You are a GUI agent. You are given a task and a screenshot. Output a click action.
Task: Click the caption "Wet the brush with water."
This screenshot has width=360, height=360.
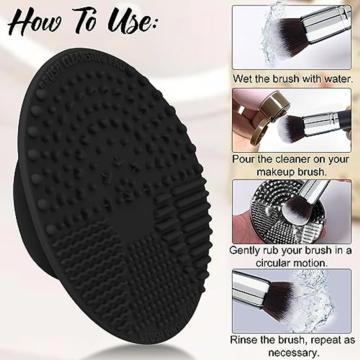pos(292,79)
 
